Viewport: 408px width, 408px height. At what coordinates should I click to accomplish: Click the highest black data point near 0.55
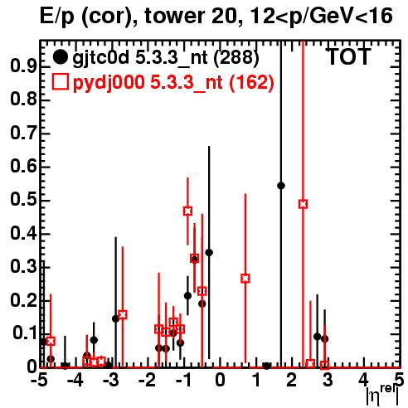281,186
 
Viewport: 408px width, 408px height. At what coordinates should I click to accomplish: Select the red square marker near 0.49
303,204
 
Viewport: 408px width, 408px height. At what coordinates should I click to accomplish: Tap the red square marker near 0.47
187,211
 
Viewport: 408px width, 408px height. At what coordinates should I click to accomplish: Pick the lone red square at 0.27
245,279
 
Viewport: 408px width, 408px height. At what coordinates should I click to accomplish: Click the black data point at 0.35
209,252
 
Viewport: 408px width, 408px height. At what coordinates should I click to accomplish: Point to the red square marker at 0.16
123,314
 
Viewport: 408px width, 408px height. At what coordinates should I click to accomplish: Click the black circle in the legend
60,57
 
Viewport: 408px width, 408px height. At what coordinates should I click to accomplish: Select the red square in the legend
60,82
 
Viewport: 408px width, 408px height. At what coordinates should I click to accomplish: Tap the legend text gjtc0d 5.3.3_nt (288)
166,57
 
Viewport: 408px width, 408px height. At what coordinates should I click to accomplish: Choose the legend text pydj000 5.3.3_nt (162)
173,82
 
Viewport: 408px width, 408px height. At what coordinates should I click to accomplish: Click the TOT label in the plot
349,56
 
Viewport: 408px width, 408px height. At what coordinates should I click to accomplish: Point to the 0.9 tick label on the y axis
23,66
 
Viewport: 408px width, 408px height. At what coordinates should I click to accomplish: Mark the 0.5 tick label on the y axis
23,200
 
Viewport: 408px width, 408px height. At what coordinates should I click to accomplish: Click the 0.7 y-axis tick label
23,134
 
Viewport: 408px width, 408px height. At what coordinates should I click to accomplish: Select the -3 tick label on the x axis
111,381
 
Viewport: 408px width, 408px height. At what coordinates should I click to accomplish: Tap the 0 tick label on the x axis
220,381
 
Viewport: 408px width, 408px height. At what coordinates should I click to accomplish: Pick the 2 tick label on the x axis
292,381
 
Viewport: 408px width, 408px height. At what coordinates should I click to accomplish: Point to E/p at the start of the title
57,17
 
